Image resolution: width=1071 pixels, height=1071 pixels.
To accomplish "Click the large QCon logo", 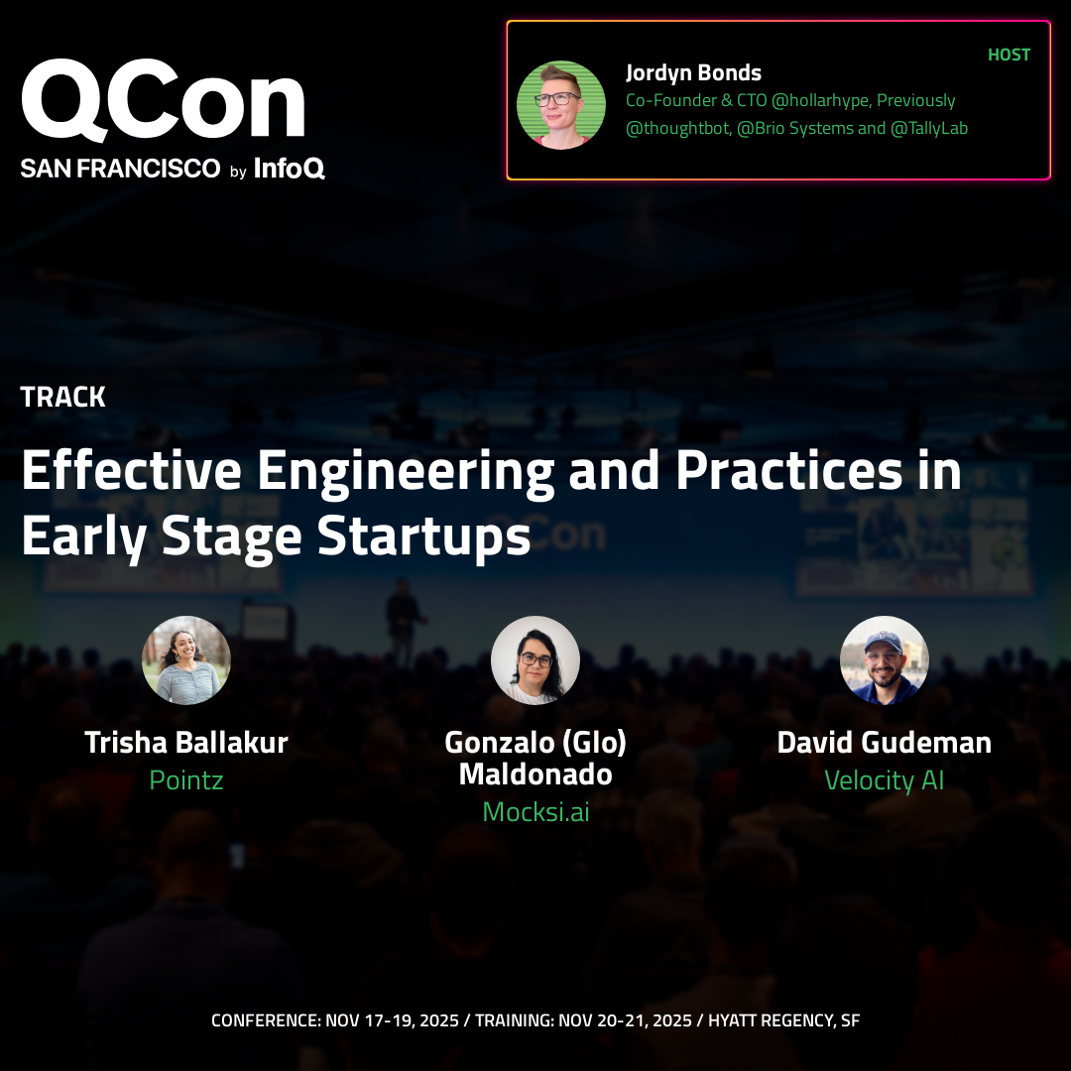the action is click(163, 100).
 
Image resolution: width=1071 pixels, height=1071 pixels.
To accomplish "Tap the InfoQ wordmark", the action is click(289, 168).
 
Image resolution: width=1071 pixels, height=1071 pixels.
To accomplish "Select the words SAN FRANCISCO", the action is click(120, 168).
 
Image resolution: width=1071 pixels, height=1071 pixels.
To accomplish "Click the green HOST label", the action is click(1009, 55).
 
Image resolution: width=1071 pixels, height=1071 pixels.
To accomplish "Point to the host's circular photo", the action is click(560, 105).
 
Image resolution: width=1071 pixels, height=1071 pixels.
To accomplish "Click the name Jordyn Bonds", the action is click(693, 73).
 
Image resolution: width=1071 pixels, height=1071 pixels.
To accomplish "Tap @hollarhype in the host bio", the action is click(820, 100).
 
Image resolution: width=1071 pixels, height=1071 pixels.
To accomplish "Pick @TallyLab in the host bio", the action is click(929, 128).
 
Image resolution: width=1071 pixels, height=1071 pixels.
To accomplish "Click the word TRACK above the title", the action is click(62, 397).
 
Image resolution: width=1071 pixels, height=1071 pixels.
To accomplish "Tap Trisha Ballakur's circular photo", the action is click(186, 659).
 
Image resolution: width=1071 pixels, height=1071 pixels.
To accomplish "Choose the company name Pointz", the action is click(186, 780).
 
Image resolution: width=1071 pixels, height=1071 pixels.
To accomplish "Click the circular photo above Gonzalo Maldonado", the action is click(535, 659).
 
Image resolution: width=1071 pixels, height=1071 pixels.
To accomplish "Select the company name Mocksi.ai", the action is click(535, 812).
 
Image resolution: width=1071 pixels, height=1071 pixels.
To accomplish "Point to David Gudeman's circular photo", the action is click(885, 659).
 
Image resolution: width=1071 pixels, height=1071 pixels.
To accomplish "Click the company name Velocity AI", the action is click(885, 780).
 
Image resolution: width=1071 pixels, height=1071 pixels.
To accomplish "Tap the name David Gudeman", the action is click(885, 743).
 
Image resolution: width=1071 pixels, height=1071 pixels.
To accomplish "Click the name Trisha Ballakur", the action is click(186, 743).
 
